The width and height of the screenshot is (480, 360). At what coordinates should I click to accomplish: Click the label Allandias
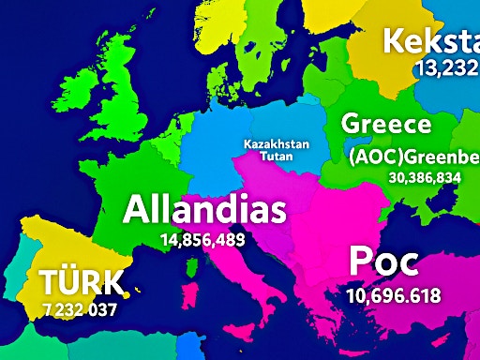(204, 209)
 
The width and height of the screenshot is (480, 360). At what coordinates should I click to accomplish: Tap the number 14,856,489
(202, 240)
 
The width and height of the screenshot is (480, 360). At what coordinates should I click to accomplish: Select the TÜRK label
(82, 282)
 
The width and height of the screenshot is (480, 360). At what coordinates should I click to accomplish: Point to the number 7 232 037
(80, 308)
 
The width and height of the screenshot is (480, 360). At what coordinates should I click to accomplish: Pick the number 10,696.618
(393, 296)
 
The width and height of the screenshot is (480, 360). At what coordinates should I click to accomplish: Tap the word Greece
(386, 125)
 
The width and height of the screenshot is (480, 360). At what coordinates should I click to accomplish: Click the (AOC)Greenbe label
(412, 157)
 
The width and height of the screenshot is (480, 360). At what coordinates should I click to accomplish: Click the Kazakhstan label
(276, 144)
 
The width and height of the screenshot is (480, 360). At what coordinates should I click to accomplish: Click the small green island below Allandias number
(192, 269)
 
